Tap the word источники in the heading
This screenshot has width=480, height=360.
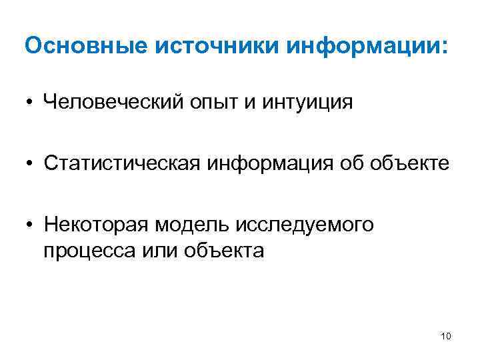pyautogui.click(x=213, y=47)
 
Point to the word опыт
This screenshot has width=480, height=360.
pyautogui.click(x=209, y=103)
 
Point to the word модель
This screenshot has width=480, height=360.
pyautogui.click(x=193, y=225)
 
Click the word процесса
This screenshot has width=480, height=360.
pyautogui.click(x=83, y=251)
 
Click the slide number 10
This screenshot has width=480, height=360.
pyautogui.click(x=446, y=336)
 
